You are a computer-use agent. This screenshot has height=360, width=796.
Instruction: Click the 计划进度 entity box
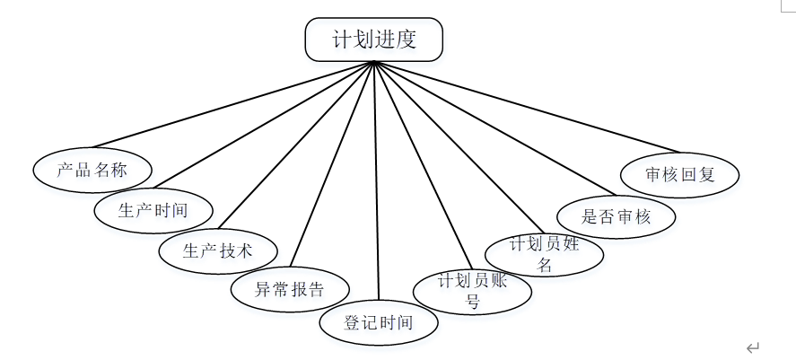(374, 40)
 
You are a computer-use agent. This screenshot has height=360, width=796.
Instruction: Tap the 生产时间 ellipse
(153, 211)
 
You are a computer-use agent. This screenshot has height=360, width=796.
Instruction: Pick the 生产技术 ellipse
(218, 250)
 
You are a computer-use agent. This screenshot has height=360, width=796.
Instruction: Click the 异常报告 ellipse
(290, 289)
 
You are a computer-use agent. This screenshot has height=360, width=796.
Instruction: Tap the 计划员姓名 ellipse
(544, 253)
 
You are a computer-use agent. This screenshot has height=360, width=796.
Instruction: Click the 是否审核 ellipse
(616, 215)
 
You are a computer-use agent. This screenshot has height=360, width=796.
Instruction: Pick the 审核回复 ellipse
(680, 174)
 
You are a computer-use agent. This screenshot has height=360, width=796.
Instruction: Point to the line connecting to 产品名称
(233, 105)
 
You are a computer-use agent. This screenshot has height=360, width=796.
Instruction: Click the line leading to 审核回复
(529, 107)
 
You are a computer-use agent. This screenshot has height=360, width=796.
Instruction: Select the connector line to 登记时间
(377, 180)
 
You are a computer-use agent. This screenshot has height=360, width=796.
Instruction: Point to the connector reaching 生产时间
(269, 129)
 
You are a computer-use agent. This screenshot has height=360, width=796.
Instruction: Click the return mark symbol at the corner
(752, 347)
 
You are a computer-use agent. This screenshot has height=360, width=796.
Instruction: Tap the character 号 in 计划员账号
(472, 302)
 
